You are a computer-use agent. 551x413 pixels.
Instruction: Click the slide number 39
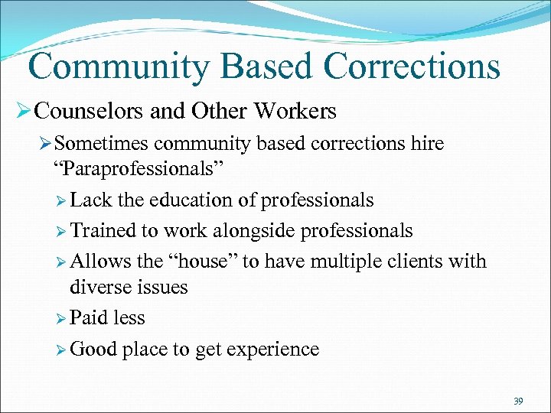tap(518, 401)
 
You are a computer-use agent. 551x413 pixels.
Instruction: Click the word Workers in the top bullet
tap(298, 112)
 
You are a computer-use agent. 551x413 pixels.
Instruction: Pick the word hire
tap(426, 144)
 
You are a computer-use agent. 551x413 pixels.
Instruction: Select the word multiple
tap(357, 262)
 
